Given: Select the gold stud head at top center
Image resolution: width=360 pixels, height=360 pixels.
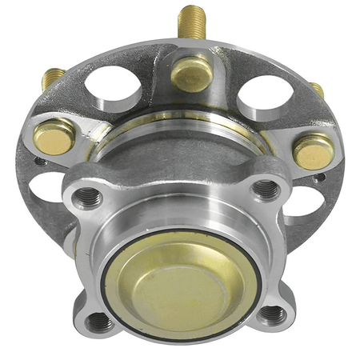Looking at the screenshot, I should click(192, 73).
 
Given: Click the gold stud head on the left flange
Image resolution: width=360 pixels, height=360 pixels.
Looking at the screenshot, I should click(55, 136).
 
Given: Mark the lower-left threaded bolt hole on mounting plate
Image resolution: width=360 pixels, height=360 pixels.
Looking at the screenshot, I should click(99, 322).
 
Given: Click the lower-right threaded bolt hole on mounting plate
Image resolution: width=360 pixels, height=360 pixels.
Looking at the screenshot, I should click(272, 314).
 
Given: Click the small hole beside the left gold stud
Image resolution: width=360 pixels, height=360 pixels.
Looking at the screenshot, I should click(40, 160).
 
